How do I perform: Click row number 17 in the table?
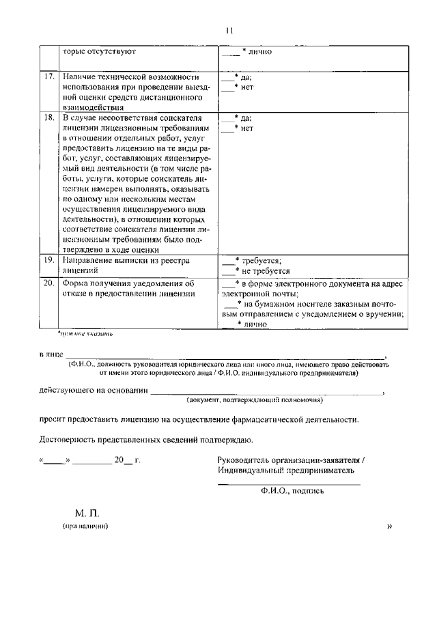coord(48,76)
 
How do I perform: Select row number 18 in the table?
coord(48,118)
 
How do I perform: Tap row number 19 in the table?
coord(48,260)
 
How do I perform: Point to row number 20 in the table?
coord(48,283)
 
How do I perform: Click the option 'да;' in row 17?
coord(246,77)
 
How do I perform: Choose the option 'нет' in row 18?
coord(247,128)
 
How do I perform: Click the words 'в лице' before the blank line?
coord(51,355)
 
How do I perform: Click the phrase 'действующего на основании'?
coord(94,391)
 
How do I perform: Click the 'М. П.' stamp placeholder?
coord(88,513)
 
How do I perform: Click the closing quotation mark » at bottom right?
coord(390,526)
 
